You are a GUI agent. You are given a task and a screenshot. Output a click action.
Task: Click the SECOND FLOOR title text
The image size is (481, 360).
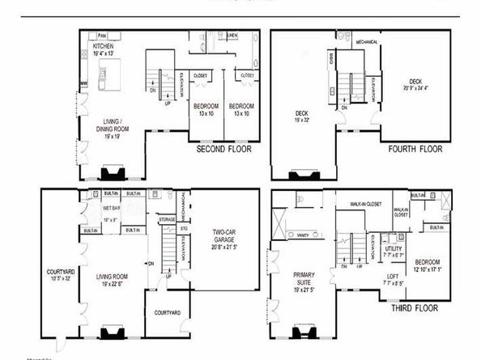pyautogui.click(x=224, y=150)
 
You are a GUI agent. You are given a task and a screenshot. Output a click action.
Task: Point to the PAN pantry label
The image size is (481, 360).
pyautogui.click(x=102, y=36)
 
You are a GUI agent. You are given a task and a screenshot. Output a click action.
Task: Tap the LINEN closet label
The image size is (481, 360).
pyautogui.click(x=232, y=36)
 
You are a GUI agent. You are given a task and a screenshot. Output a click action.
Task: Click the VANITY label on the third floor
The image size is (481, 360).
pyautogui.click(x=306, y=235)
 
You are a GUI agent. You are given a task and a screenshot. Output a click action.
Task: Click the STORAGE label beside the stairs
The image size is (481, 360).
pyautogui.click(x=167, y=218)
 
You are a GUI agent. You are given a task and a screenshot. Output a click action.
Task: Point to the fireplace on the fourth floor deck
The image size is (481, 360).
pyautogui.click(x=304, y=174)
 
